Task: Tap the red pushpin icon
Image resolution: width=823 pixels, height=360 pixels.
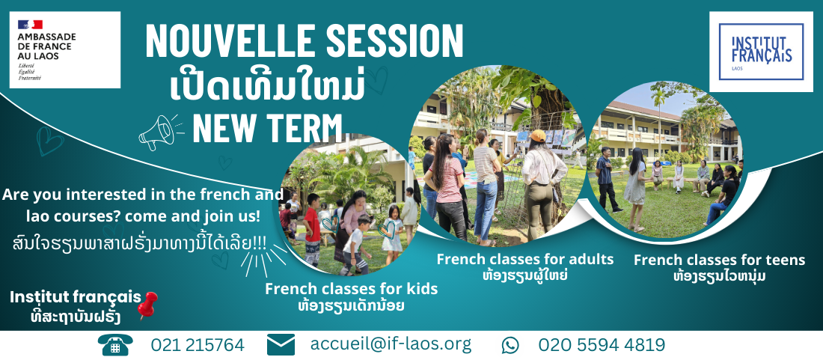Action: pyautogui.click(x=147, y=305)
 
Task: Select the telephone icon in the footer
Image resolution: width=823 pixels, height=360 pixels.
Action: pyautogui.click(x=115, y=345)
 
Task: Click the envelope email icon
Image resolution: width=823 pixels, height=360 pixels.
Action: pyautogui.click(x=281, y=345)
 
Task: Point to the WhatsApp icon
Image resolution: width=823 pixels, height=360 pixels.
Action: pyautogui.click(x=510, y=345)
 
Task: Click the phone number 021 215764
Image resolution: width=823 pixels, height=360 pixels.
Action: pyautogui.click(x=198, y=345)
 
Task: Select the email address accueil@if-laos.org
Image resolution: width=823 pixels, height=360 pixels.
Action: pyautogui.click(x=391, y=344)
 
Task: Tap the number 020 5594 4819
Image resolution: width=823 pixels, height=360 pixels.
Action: pyautogui.click(x=602, y=345)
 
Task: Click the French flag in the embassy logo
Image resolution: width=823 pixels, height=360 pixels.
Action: pyautogui.click(x=31, y=24)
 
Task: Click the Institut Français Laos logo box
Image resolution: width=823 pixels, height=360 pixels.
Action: pyautogui.click(x=761, y=52)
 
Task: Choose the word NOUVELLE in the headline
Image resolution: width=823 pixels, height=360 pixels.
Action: pyautogui.click(x=229, y=41)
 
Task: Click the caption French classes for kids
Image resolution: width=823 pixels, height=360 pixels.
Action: pyautogui.click(x=351, y=289)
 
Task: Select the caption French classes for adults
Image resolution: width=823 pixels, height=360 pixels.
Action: pyautogui.click(x=525, y=259)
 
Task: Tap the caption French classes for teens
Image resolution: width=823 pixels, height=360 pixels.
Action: pyautogui.click(x=719, y=260)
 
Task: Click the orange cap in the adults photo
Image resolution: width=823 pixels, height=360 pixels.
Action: pyautogui.click(x=537, y=136)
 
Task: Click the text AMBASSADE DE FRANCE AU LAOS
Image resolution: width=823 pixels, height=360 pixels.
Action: pyautogui.click(x=46, y=46)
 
